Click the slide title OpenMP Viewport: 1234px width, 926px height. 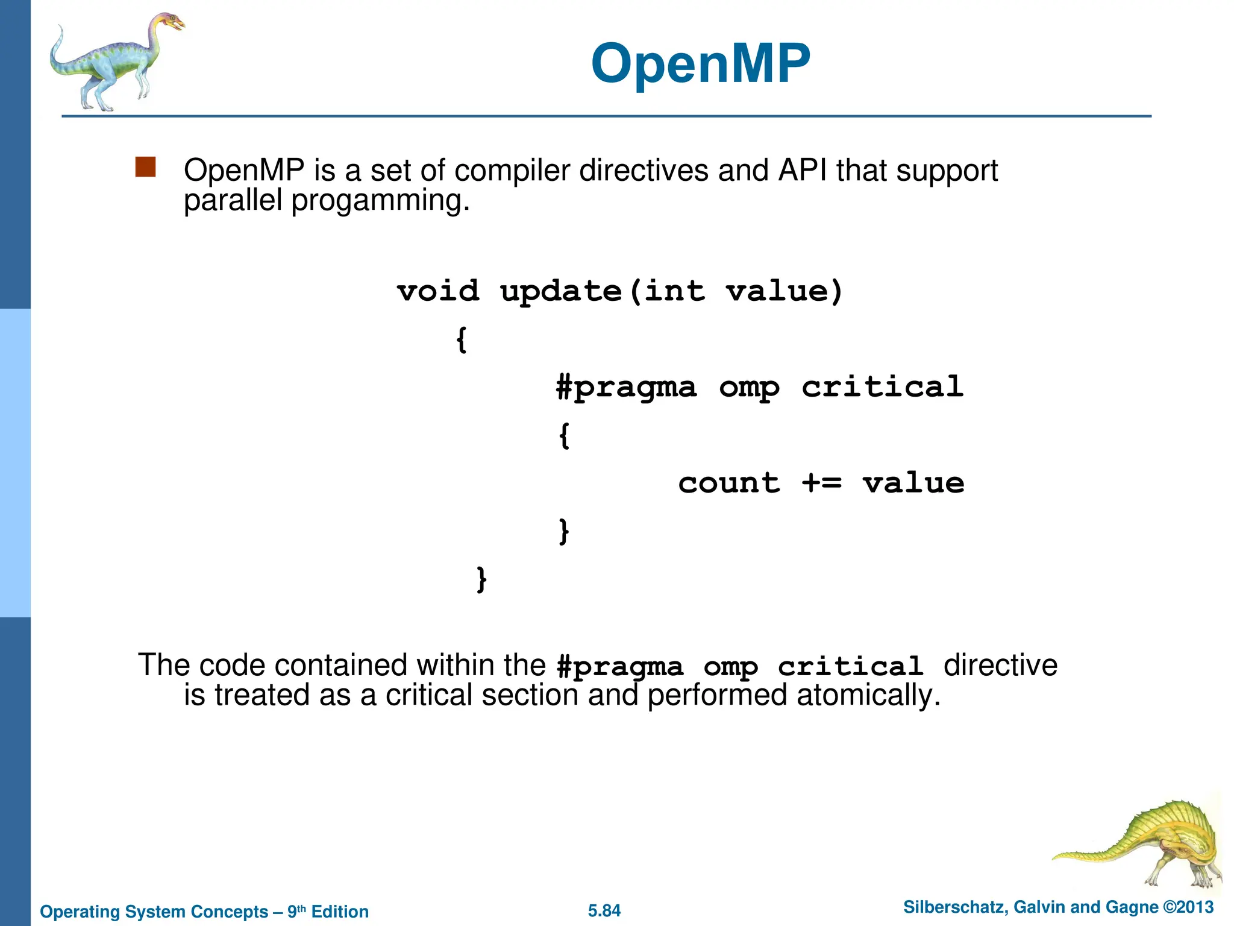point(700,63)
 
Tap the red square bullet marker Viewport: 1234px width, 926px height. point(145,167)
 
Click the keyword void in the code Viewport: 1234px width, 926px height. point(438,291)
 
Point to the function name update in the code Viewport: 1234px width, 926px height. point(560,292)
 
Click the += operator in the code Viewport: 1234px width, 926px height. point(821,483)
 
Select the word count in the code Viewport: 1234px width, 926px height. point(728,483)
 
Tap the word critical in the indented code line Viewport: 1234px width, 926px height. point(882,386)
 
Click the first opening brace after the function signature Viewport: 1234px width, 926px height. point(462,339)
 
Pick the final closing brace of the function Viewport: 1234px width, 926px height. point(481,579)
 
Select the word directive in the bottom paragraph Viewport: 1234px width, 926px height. point(1000,665)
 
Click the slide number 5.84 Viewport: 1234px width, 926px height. point(604,910)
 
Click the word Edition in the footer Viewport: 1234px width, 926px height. point(340,912)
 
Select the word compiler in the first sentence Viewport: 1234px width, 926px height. point(512,170)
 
